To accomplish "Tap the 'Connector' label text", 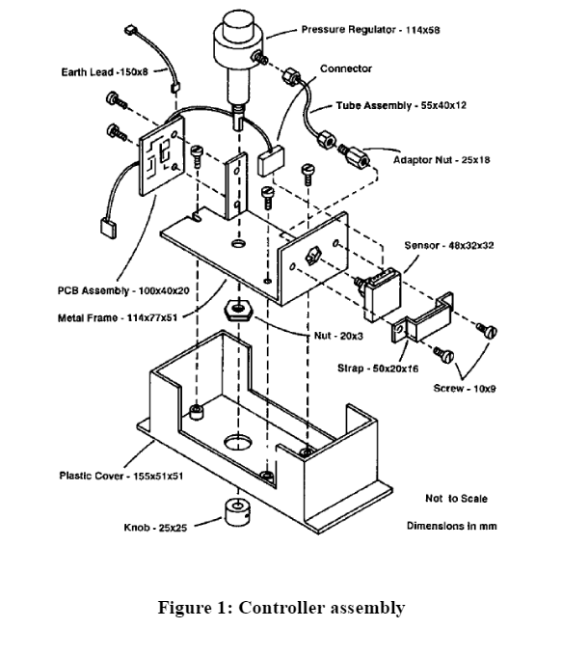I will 345,69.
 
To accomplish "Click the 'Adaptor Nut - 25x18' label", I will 442,160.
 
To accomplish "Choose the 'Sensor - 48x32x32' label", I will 448,245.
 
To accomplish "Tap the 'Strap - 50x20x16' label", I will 377,368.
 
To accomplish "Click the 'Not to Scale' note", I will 456,499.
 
